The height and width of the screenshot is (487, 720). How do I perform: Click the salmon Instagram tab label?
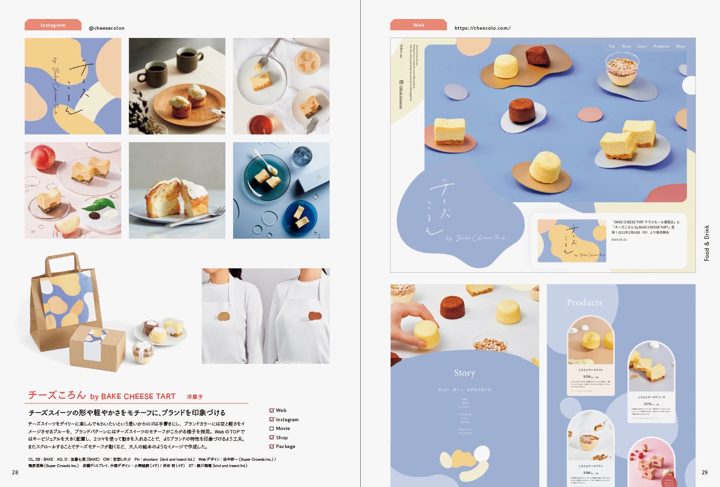click(x=53, y=25)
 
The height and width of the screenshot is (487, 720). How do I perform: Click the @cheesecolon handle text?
click(x=107, y=28)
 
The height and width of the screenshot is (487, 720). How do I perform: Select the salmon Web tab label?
click(x=419, y=25)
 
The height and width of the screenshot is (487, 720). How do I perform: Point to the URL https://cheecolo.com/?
click(x=482, y=28)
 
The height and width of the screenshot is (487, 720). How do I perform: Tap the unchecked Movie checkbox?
click(x=272, y=429)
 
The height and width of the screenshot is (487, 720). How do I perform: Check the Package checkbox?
click(x=272, y=446)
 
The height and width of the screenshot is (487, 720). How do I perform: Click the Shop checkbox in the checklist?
click(x=272, y=437)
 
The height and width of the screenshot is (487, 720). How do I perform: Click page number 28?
click(x=15, y=472)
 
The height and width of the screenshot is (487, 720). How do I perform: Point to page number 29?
click(x=704, y=472)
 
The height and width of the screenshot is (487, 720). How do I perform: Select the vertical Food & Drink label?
click(x=707, y=243)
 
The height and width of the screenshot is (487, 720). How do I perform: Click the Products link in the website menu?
click(x=661, y=46)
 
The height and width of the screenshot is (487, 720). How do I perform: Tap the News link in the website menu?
click(x=626, y=46)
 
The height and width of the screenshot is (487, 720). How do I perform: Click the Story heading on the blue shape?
click(x=464, y=373)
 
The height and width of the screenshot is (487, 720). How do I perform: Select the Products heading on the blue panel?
click(x=584, y=302)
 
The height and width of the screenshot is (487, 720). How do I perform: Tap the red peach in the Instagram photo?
click(x=42, y=157)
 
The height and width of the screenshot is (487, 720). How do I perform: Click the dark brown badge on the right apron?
click(x=315, y=316)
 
